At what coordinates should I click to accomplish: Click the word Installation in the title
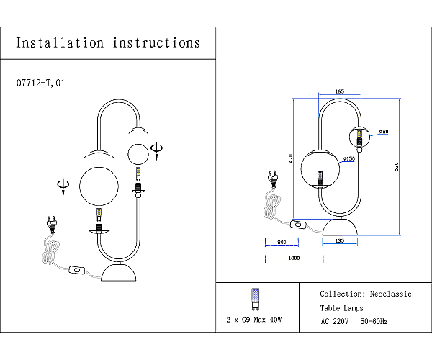pyautogui.click(x=60, y=42)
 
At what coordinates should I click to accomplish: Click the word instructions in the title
pyautogui.click(x=156, y=42)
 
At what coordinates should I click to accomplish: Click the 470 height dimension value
pyautogui.click(x=289, y=158)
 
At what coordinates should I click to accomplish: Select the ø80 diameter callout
pyautogui.click(x=384, y=132)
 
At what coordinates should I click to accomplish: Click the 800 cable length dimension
pyautogui.click(x=282, y=242)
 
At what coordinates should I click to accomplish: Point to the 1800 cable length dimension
pyautogui.click(x=293, y=258)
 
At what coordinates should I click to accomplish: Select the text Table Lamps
pyautogui.click(x=342, y=308)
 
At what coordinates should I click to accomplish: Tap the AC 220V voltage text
pyautogui.click(x=335, y=321)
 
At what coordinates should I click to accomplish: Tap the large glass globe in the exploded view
pyautogui.click(x=98, y=184)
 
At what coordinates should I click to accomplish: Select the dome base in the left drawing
pyautogui.click(x=120, y=273)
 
